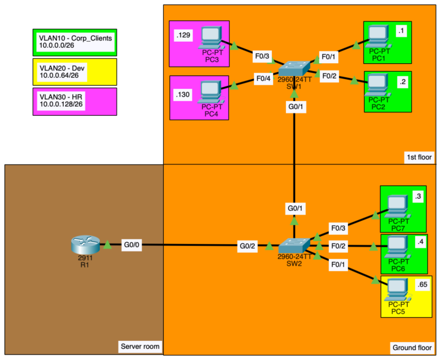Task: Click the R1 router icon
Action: pyautogui.click(x=85, y=245)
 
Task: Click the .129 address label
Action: pyautogui.click(x=183, y=36)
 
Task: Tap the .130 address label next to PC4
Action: pyautogui.click(x=183, y=94)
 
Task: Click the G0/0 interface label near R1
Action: pyautogui.click(x=131, y=246)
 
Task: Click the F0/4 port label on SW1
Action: pyautogui.click(x=262, y=78)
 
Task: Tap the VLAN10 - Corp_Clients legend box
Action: pyautogui.click(x=74, y=41)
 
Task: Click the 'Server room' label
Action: pyautogui.click(x=140, y=348)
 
